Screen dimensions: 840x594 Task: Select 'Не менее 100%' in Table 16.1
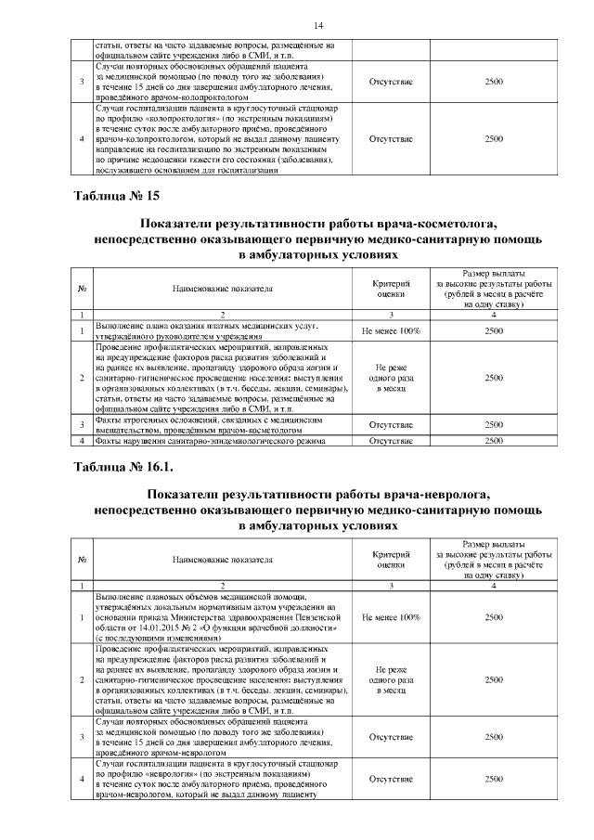click(x=391, y=616)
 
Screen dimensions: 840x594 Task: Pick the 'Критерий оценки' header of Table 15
click(x=391, y=289)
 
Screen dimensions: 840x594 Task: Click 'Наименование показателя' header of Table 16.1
click(x=223, y=561)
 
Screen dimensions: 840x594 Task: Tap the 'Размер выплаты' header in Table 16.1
click(x=494, y=541)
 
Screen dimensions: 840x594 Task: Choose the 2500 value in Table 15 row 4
click(x=494, y=441)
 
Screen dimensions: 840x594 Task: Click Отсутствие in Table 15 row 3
click(x=391, y=424)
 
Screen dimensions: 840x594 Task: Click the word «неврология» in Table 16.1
click(x=176, y=772)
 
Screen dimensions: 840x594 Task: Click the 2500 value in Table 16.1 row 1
click(x=494, y=616)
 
